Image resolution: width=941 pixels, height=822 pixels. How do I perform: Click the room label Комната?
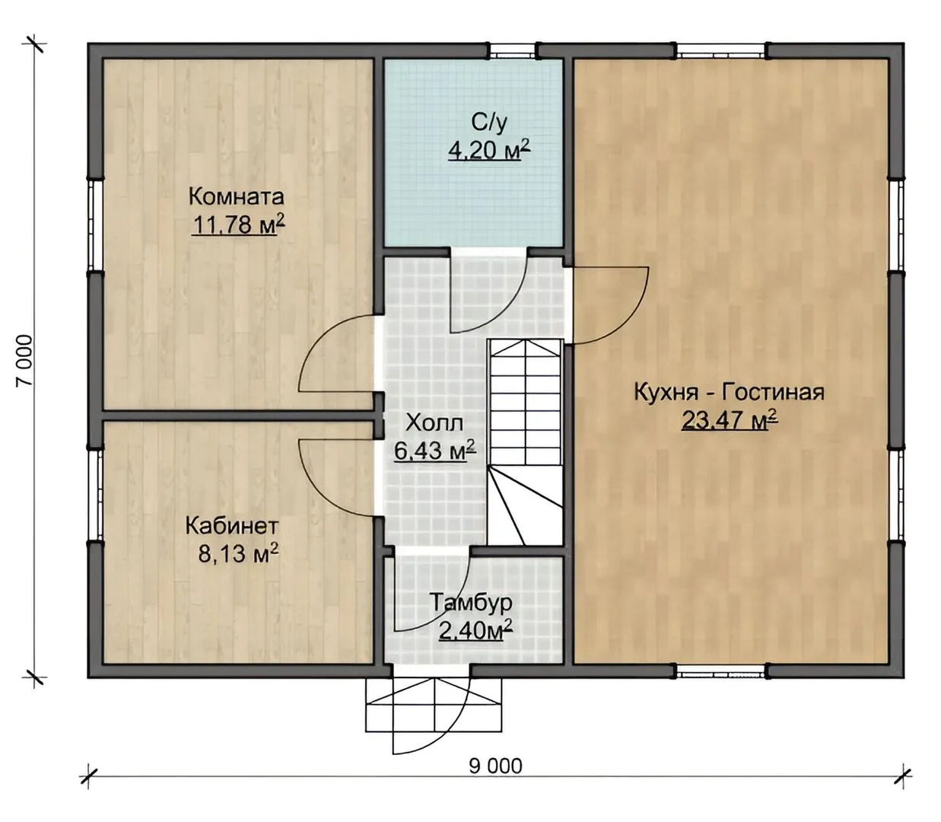tap(237, 198)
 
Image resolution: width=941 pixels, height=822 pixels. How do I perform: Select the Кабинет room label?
tap(232, 527)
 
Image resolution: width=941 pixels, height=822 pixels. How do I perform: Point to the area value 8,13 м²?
tap(238, 554)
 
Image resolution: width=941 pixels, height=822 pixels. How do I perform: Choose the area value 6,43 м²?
tap(434, 451)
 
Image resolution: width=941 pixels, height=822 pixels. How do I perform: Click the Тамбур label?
tap(472, 603)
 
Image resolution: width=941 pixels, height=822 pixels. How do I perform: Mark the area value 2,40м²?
tap(475, 632)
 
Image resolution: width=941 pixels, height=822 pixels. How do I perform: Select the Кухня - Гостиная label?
tap(730, 393)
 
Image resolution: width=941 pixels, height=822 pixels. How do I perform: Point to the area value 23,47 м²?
tap(730, 420)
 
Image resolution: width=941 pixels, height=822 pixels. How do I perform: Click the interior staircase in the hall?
tap(526, 442)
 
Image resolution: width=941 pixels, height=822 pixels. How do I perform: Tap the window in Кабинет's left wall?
tap(95, 494)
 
